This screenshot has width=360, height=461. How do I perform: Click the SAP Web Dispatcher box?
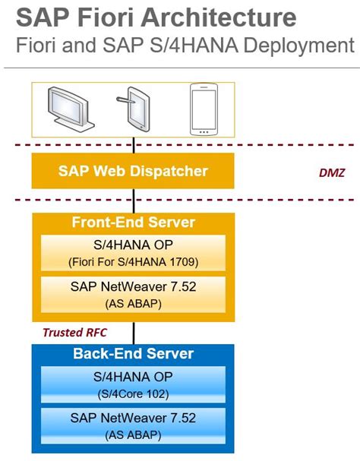(x=134, y=171)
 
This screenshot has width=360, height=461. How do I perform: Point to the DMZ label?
(x=331, y=173)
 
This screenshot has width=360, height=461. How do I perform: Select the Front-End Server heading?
(x=134, y=223)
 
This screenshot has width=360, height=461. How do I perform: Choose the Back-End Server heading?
(x=134, y=354)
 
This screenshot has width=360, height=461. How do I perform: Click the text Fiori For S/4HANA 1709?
(x=134, y=263)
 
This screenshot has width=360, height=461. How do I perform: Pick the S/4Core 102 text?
(x=134, y=394)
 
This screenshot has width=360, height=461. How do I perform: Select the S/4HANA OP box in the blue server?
(x=134, y=386)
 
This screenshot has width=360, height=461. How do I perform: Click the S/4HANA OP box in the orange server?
(x=134, y=254)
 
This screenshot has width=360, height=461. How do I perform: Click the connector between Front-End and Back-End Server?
(x=134, y=333)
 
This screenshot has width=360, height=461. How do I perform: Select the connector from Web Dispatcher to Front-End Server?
(x=134, y=201)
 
